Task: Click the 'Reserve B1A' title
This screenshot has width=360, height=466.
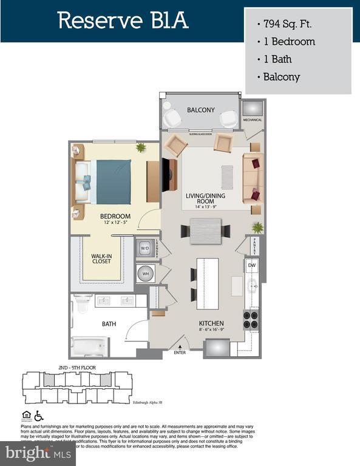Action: click(x=123, y=21)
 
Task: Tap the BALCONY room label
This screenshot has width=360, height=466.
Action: click(x=200, y=110)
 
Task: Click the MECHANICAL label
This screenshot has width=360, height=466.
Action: click(x=253, y=120)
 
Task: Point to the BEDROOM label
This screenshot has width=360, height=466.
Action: click(x=115, y=217)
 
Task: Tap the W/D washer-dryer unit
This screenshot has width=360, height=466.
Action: click(x=145, y=248)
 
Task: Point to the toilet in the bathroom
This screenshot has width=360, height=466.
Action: click(x=81, y=304)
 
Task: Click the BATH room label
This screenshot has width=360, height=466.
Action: click(x=109, y=324)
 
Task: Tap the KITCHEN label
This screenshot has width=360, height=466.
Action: click(x=211, y=323)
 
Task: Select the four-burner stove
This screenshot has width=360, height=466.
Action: click(x=251, y=319)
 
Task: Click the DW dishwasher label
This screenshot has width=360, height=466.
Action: click(x=251, y=266)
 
